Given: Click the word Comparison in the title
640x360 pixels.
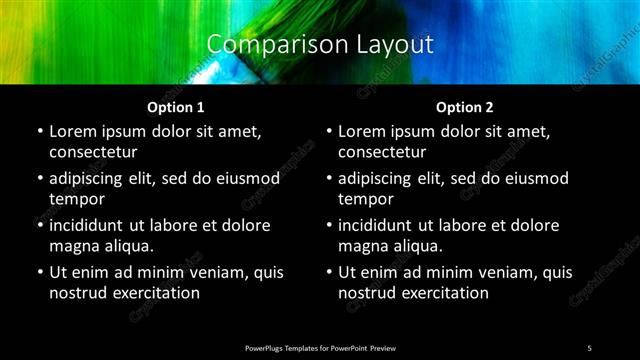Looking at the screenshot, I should tap(263, 44).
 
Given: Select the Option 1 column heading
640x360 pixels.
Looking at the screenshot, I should tap(175, 107).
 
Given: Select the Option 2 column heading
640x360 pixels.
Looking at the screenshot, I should tap(464, 107).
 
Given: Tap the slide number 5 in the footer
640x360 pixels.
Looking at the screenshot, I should tap(589, 348).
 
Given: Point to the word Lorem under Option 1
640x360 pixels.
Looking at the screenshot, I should tap(74, 131).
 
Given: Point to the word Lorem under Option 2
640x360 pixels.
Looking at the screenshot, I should tap(363, 131).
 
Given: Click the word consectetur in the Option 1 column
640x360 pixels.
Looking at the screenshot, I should tap(93, 152).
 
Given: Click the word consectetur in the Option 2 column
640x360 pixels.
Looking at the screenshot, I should tap(382, 152).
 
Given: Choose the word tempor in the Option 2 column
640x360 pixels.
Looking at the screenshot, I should tap(366, 199).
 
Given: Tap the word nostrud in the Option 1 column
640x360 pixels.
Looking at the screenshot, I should tap(77, 293).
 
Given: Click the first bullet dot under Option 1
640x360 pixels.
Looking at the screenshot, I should tap(39, 131).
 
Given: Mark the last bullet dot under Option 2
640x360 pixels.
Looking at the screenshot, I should tap(328, 272).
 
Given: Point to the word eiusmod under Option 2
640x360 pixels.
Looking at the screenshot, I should tap(533, 178).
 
